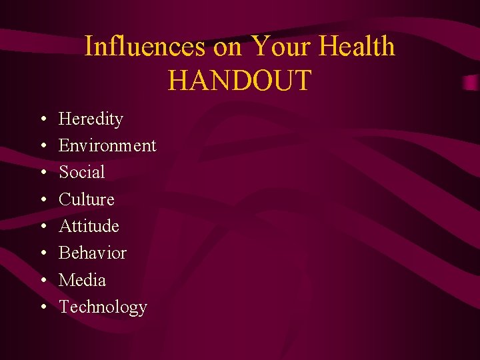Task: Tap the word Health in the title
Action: click(357, 47)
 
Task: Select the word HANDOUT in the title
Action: click(240, 80)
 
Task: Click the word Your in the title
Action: click(281, 47)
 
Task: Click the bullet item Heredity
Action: click(91, 119)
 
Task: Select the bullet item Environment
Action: click(107, 145)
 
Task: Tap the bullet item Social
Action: click(82, 172)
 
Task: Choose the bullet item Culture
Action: click(87, 199)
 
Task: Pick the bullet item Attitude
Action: click(89, 226)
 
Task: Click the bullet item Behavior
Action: click(93, 253)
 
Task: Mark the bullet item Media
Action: click(82, 280)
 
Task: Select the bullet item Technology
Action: click(103, 307)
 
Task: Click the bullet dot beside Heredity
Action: click(42, 120)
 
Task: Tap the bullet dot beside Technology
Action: click(42, 307)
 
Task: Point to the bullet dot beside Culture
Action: click(42, 200)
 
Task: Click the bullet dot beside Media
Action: click(42, 281)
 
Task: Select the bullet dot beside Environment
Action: click(42, 146)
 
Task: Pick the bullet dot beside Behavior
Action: click(42, 253)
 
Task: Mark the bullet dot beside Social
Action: click(42, 173)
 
